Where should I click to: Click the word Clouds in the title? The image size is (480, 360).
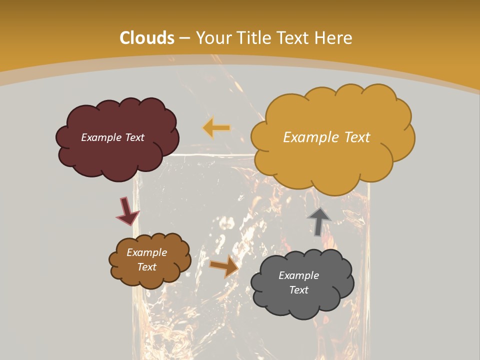point(147,38)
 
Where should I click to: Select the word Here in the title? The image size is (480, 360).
point(335,38)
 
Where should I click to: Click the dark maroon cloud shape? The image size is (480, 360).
point(117,155)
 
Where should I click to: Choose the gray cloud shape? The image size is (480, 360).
point(300,305)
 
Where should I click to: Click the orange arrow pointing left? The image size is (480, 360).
point(216,128)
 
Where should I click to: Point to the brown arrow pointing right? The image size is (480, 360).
point(224,266)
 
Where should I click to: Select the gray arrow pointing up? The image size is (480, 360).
point(319,221)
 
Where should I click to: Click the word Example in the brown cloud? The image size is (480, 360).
point(146,252)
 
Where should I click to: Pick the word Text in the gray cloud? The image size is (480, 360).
point(298,290)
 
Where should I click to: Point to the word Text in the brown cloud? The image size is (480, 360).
point(146,267)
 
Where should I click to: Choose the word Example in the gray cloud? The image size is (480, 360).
point(298,275)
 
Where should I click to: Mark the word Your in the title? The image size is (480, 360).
point(210,38)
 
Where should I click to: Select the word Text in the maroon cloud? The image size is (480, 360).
point(134,137)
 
